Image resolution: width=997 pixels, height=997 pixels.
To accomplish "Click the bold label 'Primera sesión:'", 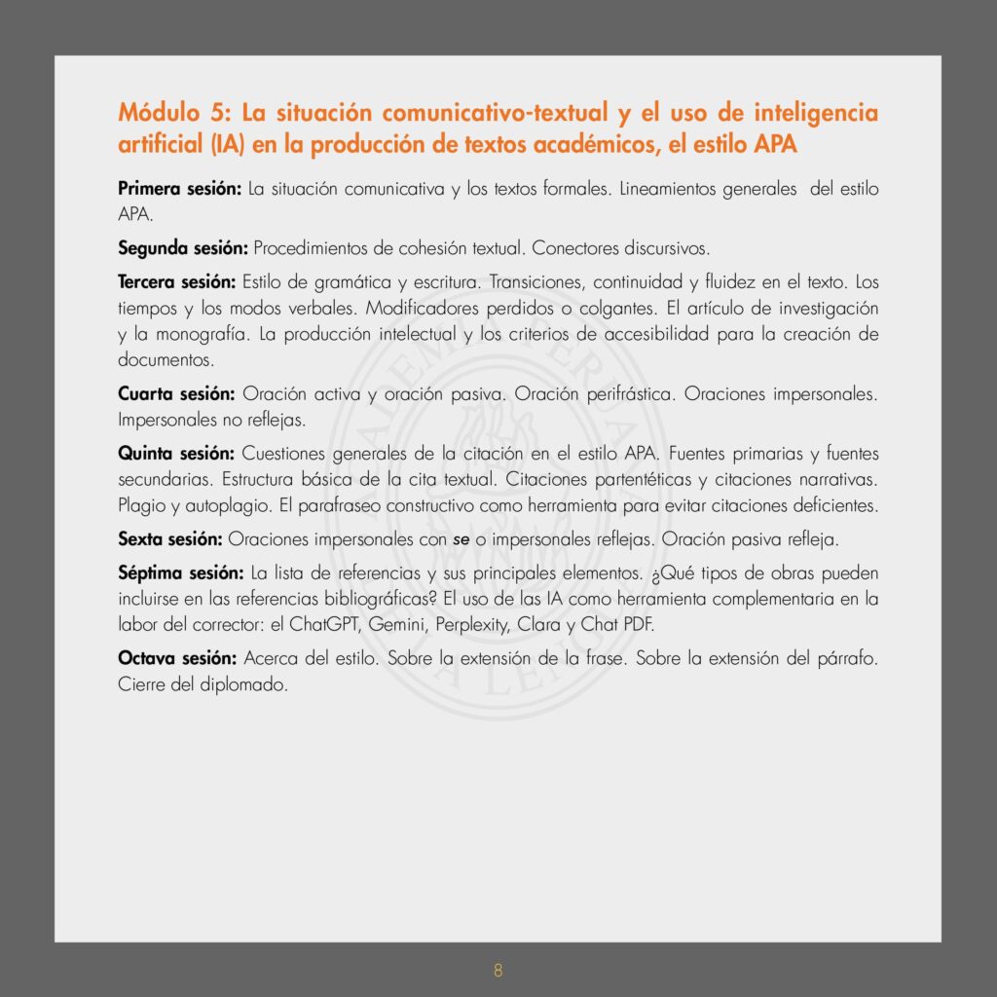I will [x=180, y=188].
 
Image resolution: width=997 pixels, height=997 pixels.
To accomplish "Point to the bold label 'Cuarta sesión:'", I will [x=176, y=396].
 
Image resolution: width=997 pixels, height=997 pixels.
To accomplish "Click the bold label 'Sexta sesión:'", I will [x=170, y=538].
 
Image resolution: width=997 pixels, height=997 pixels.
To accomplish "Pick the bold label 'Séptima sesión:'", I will [x=180, y=572].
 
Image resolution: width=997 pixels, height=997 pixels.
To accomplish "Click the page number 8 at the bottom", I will [x=498, y=970].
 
